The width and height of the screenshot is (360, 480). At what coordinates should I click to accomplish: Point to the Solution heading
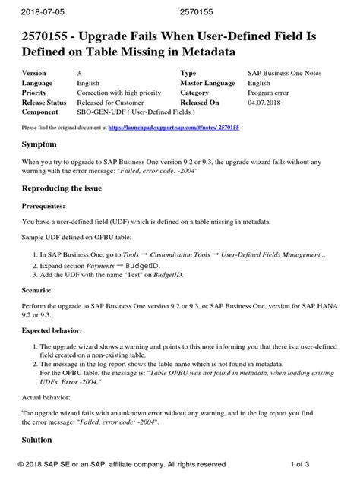(42, 439)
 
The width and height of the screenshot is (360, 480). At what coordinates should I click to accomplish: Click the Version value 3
(80, 73)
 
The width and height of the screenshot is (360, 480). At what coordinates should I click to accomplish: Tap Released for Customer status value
(115, 102)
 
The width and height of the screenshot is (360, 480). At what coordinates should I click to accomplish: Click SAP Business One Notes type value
(289, 73)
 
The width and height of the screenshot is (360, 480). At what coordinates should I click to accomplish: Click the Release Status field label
(45, 102)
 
